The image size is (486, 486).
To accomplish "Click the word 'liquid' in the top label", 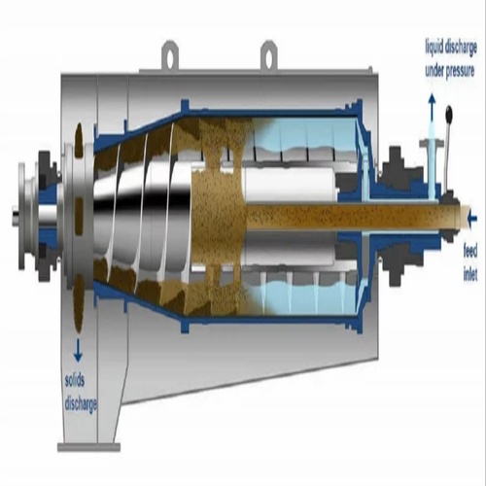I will point(435,47).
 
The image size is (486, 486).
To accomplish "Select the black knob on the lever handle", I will point(450,116).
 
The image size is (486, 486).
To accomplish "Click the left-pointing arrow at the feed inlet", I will point(472,217).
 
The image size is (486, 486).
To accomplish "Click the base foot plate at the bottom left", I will point(87,446).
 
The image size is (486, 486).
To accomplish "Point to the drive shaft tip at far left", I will point(17,217).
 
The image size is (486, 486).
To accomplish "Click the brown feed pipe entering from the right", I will point(389,217).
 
